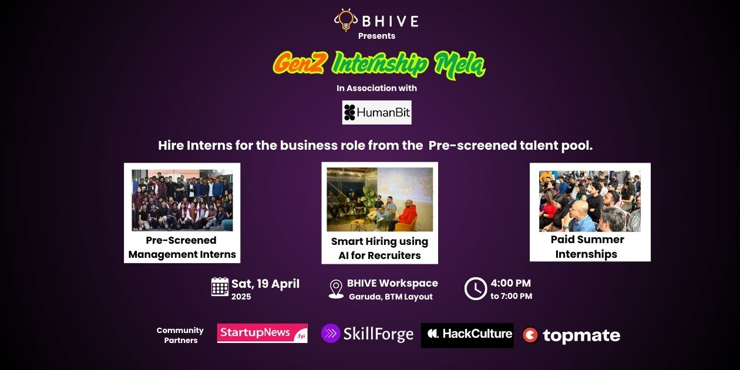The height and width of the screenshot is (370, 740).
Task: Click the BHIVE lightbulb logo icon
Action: pyautogui.click(x=345, y=20)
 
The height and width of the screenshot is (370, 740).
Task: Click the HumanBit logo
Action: pyautogui.click(x=376, y=112)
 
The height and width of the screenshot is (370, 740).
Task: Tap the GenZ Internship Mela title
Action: pyautogui.click(x=379, y=64)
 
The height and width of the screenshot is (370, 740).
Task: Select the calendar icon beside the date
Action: pyautogui.click(x=220, y=287)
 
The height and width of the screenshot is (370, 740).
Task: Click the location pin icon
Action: pyautogui.click(x=336, y=288)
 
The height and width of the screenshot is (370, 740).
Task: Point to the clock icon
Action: pyautogui.click(x=475, y=288)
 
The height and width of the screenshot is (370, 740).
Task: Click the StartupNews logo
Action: pyautogui.click(x=262, y=333)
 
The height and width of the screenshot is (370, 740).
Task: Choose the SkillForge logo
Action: pyautogui.click(x=368, y=334)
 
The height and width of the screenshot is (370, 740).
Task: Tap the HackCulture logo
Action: pyautogui.click(x=467, y=335)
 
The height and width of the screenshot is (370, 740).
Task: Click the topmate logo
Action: pyautogui.click(x=571, y=335)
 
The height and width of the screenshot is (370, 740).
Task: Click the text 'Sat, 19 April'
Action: pyautogui.click(x=265, y=284)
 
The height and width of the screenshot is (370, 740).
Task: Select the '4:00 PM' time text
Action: pyautogui.click(x=510, y=283)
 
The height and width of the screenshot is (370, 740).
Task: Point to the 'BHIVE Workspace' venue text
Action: pyautogui.click(x=392, y=283)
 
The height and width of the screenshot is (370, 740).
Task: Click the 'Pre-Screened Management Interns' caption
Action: pyautogui.click(x=182, y=247)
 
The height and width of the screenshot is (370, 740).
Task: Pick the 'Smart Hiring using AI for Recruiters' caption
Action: pyautogui.click(x=379, y=248)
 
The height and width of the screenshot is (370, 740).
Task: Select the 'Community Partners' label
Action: pyautogui.click(x=180, y=335)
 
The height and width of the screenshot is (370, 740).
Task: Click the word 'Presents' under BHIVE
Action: pyautogui.click(x=376, y=36)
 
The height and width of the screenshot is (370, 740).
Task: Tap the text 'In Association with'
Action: pyautogui.click(x=376, y=88)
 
